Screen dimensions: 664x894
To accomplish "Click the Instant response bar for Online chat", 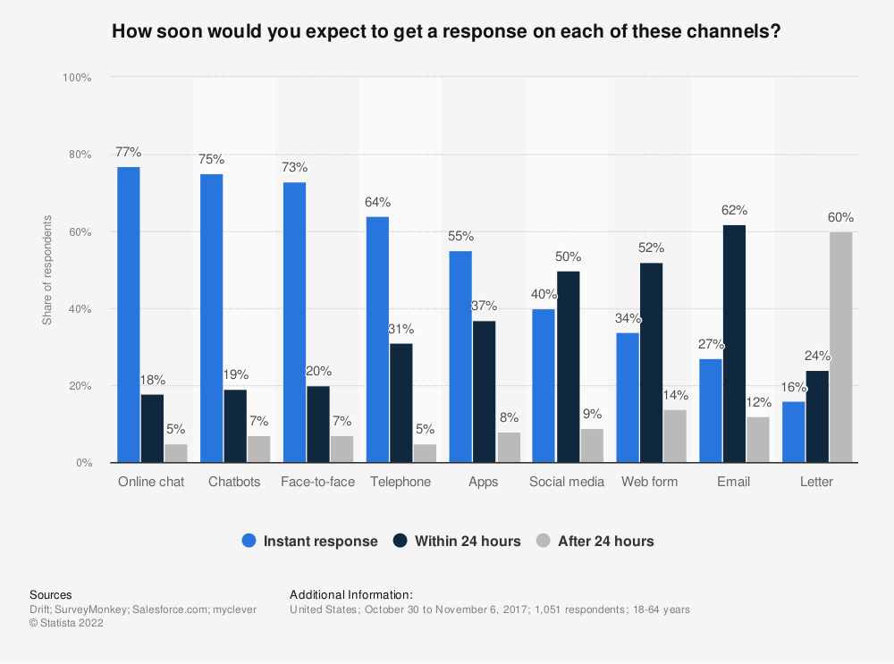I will click(x=129, y=315).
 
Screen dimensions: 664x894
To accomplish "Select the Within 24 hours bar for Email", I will click(x=734, y=344).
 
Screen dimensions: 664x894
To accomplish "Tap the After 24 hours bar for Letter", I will click(x=840, y=348).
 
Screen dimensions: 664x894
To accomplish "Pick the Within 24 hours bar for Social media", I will click(x=569, y=367).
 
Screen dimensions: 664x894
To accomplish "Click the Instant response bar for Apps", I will click(x=460, y=357).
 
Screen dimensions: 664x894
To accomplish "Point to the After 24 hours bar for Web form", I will click(x=675, y=436).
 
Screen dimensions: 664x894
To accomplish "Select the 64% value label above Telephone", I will click(x=377, y=202).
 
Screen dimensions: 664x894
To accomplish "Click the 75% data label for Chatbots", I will click(x=212, y=159).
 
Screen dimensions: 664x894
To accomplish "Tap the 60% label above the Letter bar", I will click(x=840, y=217).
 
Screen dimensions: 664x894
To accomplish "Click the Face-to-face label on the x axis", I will click(x=317, y=482).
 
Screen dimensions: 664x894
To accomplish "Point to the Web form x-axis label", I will click(x=650, y=482).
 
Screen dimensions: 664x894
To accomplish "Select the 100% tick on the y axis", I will click(x=78, y=78).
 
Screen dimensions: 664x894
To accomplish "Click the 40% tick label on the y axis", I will click(x=80, y=309).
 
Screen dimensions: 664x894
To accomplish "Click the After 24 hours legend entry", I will click(x=605, y=541).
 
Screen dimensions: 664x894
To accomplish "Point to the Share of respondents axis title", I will click(x=46, y=270).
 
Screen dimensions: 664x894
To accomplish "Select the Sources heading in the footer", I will click(x=51, y=594).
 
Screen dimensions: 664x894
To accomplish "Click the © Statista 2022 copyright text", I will click(x=66, y=624).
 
